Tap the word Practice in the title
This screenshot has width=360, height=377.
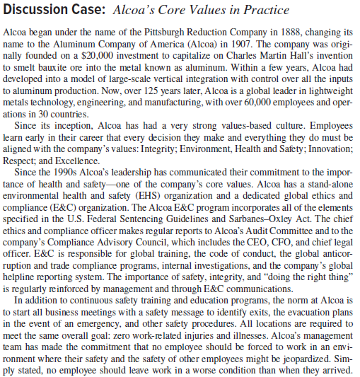(x=265, y=10)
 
